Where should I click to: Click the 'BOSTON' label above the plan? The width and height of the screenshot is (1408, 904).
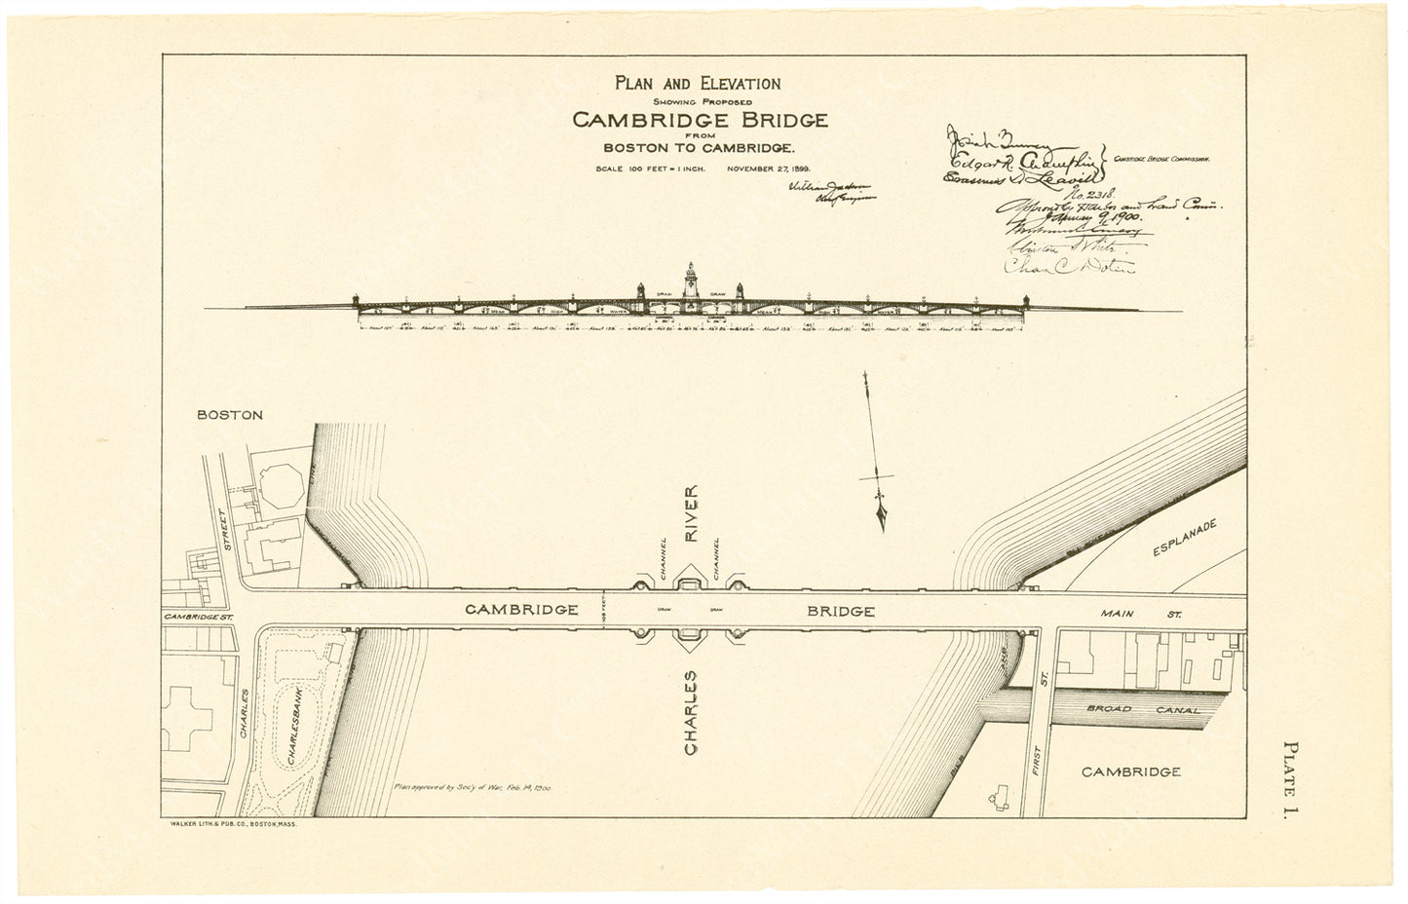tap(230, 414)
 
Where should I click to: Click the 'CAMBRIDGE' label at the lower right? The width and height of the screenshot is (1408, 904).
tap(1131, 772)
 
